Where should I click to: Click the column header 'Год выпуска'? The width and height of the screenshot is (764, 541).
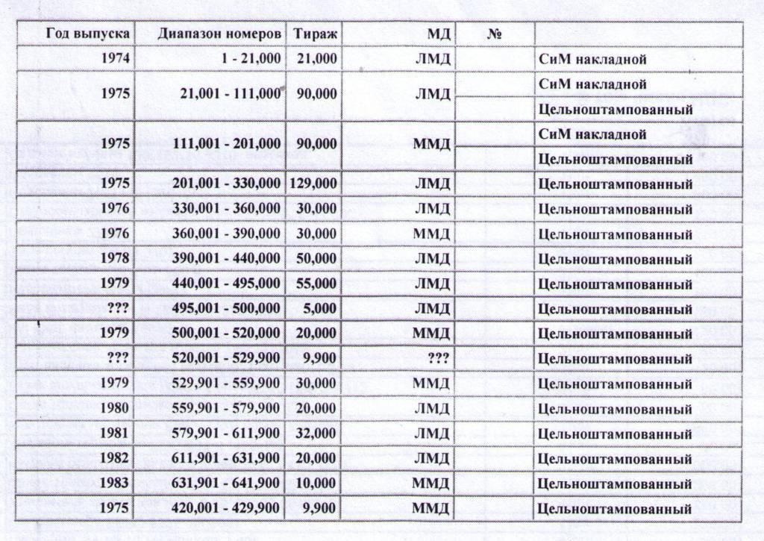click(x=88, y=34)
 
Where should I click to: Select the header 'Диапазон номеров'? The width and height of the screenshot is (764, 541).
click(x=219, y=34)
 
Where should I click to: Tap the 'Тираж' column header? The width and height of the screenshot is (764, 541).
click(x=315, y=34)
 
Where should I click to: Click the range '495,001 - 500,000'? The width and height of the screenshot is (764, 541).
click(x=227, y=309)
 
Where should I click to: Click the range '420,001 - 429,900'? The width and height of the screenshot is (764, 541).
click(x=227, y=509)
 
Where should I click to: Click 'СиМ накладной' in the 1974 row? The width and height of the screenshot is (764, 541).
click(x=592, y=58)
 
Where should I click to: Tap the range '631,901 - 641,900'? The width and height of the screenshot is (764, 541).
click(x=227, y=484)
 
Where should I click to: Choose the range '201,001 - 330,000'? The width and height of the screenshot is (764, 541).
click(x=227, y=184)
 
